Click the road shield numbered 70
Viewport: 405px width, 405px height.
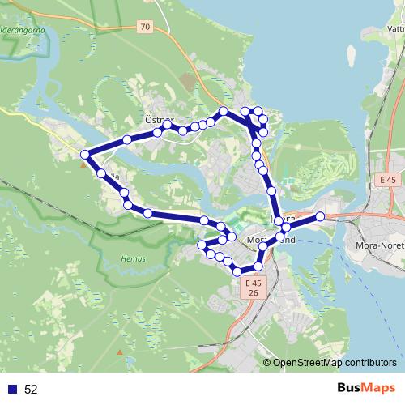point(145,27)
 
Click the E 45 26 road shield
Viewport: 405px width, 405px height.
point(253,288)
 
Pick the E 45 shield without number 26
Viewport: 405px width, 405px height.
point(388,179)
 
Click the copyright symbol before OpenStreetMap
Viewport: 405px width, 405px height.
point(267,363)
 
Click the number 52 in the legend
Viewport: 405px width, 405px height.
point(32,389)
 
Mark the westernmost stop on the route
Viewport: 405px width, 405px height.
point(84,154)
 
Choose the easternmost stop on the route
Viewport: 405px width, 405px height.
point(320,216)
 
